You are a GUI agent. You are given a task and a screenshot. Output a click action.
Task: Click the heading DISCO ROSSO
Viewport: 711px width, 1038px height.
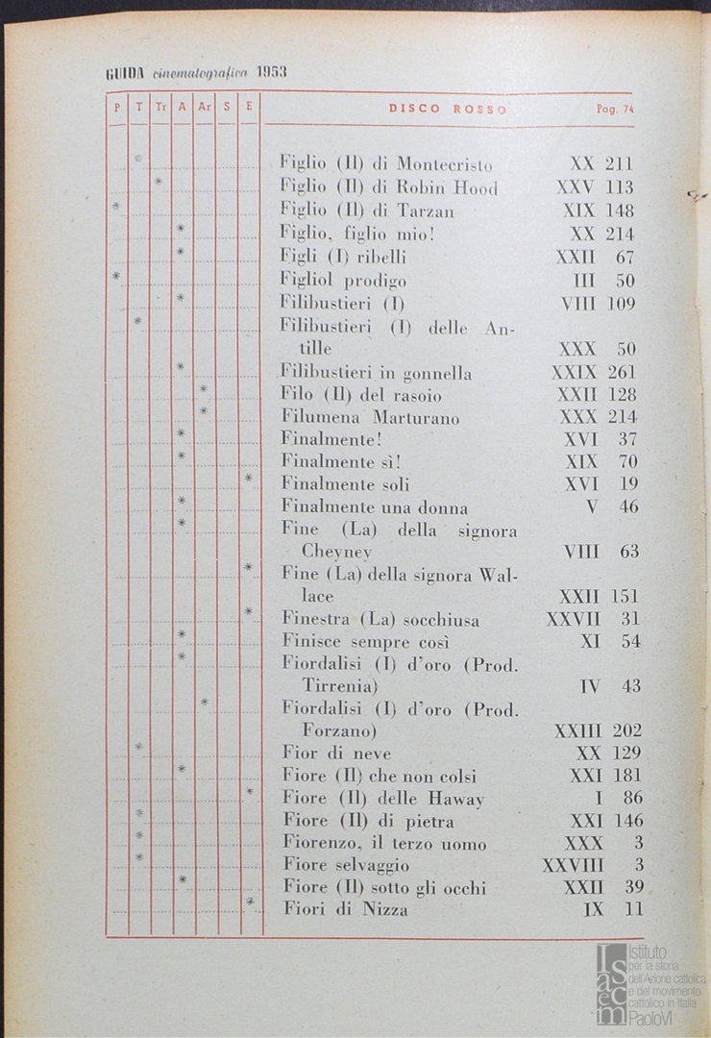click(x=447, y=109)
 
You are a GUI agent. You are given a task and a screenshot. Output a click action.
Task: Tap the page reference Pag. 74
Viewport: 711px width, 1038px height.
click(x=615, y=110)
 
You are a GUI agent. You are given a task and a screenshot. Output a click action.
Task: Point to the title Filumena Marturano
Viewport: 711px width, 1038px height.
click(x=370, y=417)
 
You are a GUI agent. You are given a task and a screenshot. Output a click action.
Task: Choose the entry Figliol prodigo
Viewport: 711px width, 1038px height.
click(x=343, y=281)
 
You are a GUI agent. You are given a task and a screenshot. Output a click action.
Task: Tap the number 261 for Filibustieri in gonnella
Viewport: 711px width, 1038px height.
click(x=622, y=372)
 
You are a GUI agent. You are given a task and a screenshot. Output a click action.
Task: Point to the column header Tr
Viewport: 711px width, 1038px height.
click(x=160, y=109)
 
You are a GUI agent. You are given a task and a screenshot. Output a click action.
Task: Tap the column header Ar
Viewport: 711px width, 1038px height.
click(x=204, y=109)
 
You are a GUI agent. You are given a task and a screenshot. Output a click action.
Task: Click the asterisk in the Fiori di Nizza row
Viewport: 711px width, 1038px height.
click(x=249, y=902)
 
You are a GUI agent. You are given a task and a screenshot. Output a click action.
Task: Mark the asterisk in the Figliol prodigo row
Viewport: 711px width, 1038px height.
click(x=115, y=276)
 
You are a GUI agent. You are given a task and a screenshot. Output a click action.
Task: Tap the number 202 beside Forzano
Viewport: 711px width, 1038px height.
click(x=625, y=730)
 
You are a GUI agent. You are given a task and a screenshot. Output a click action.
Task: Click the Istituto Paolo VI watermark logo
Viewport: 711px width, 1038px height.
click(x=650, y=982)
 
